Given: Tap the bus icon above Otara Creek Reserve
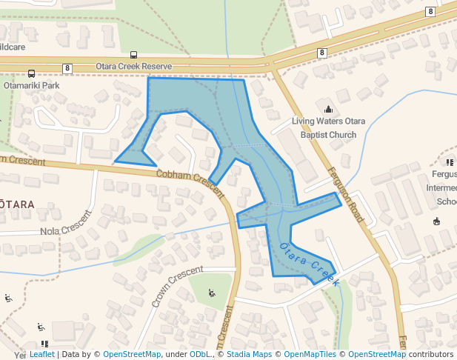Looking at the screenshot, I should (133, 55).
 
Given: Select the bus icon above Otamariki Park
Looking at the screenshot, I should (31, 74).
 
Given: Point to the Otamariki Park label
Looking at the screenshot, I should (31, 85).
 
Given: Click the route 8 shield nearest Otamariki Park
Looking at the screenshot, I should (67, 68).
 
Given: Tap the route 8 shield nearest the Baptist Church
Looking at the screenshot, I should (321, 53).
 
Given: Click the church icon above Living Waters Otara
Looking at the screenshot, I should (328, 110).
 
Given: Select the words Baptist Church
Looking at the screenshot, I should (328, 135).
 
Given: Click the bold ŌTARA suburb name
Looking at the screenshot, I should (16, 204).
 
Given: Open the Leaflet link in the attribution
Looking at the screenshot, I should (42, 354).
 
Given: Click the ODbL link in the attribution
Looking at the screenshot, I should (200, 354).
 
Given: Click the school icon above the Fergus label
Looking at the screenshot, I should (450, 162).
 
